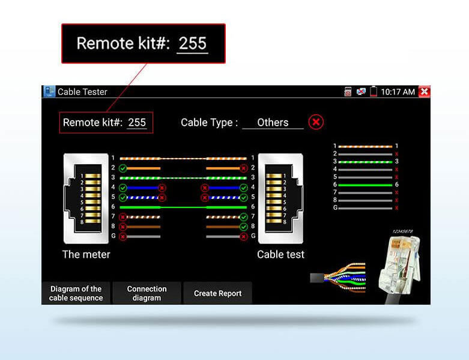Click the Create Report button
click(x=217, y=293)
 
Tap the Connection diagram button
click(x=147, y=293)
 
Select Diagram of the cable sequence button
click(x=76, y=293)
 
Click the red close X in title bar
click(x=425, y=91)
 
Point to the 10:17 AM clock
click(x=398, y=92)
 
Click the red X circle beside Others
click(x=316, y=122)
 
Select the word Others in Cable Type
click(x=273, y=123)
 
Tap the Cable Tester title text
click(x=82, y=92)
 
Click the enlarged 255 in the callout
click(x=192, y=43)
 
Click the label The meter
click(x=86, y=254)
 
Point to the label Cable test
click(x=280, y=254)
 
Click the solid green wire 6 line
click(x=183, y=206)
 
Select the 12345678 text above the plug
click(x=402, y=231)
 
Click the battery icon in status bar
click(x=374, y=92)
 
